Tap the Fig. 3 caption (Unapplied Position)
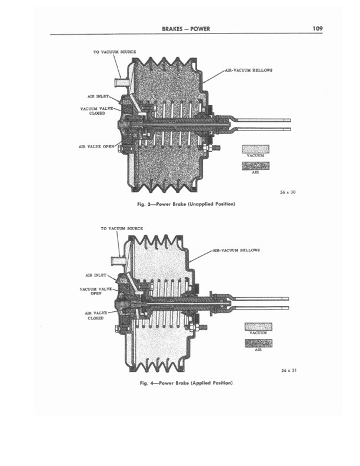185,204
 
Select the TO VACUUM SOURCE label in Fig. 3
115,52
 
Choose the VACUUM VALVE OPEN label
96,291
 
